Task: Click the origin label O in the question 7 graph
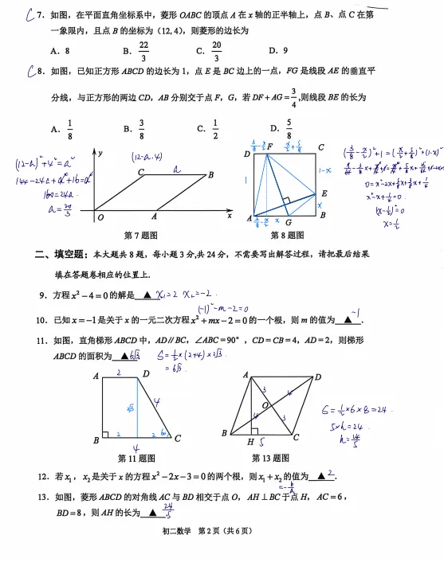tap(100, 217)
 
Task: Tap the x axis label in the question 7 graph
tap(230, 216)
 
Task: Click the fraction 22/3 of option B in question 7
tap(143, 52)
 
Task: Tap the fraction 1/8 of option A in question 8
tap(69, 127)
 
